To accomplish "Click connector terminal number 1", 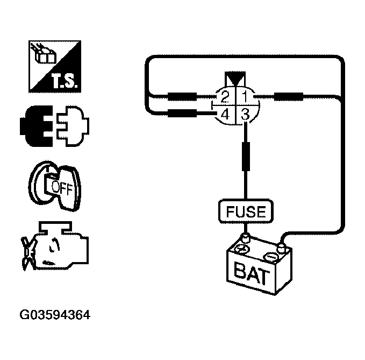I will (245, 97).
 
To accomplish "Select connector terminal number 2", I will (225, 97).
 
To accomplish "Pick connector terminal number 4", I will (225, 114).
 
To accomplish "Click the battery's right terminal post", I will (280, 247).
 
